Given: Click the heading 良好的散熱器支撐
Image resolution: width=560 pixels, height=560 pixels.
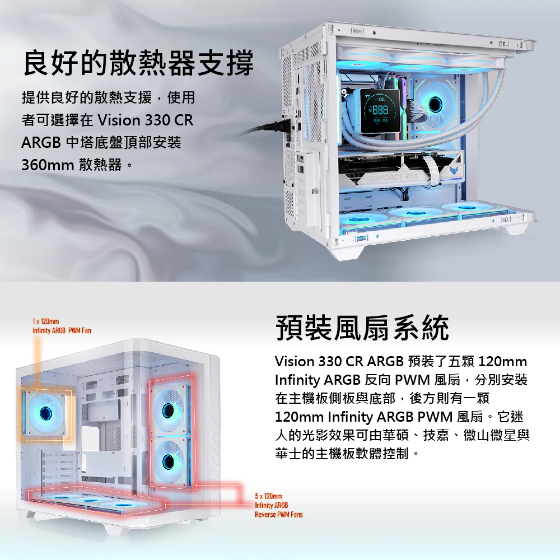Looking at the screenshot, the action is [x=138, y=63].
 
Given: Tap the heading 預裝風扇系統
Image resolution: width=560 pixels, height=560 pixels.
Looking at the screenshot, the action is [x=362, y=328].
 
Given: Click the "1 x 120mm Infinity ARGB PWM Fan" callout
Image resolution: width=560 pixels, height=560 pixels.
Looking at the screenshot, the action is [x=62, y=326].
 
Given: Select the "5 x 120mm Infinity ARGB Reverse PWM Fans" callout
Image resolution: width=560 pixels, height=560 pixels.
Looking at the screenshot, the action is [x=278, y=505].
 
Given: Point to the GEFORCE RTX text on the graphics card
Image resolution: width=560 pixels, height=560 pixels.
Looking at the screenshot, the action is [x=394, y=177].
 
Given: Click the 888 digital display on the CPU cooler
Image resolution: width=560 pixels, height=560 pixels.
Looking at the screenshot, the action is [x=380, y=110].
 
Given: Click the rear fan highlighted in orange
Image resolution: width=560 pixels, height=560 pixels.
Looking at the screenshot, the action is [x=46, y=413].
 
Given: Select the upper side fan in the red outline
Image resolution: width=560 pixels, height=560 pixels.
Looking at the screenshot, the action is [x=169, y=410].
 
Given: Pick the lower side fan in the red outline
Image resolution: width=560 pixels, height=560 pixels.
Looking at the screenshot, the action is [x=169, y=461].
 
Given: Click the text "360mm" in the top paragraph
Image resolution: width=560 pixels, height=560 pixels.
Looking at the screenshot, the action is [x=48, y=165].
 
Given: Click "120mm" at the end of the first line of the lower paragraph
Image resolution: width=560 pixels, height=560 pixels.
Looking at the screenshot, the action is [x=502, y=361].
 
